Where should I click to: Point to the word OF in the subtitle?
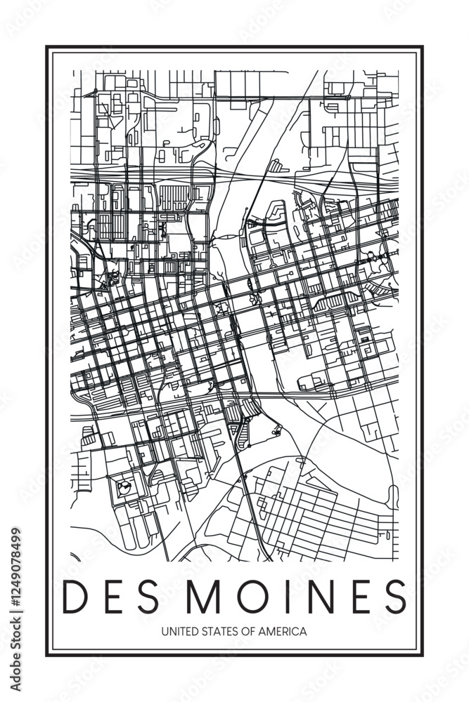(x=245, y=632)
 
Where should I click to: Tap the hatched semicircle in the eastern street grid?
(x=330, y=303)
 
